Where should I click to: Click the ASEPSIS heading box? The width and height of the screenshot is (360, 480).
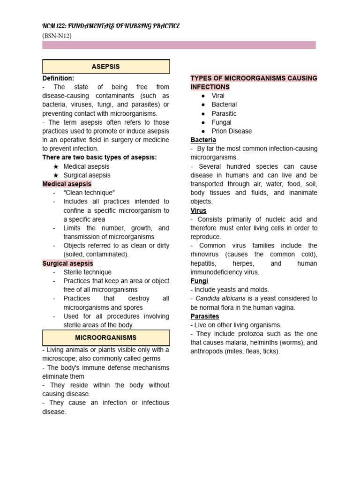[x=106, y=67]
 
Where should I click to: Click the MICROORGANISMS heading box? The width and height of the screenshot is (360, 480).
[x=106, y=337]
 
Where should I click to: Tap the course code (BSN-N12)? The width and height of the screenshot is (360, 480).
[x=57, y=35]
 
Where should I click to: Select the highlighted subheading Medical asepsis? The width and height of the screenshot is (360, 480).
[x=67, y=184]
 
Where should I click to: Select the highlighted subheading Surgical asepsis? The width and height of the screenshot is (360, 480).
[x=68, y=263]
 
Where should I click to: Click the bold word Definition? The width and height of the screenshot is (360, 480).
[x=58, y=78]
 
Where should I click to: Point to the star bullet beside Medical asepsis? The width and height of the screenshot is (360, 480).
[x=56, y=166]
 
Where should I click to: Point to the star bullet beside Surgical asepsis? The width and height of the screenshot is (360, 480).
[x=56, y=175]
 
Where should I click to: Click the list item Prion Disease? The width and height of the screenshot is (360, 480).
[x=232, y=131]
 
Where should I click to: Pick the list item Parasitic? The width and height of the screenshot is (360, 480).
[x=224, y=113]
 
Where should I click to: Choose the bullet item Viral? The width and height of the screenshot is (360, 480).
[x=218, y=96]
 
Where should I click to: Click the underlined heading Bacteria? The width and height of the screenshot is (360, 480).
[x=203, y=140]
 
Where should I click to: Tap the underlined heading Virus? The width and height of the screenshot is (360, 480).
[x=199, y=210]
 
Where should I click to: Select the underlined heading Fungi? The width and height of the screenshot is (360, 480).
[x=199, y=281]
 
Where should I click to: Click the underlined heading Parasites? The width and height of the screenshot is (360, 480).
[x=205, y=316]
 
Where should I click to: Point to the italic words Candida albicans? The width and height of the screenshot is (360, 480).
[x=220, y=299]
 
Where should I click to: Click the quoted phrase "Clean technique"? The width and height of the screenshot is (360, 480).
[x=89, y=193]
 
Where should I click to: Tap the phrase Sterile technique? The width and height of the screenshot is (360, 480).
[x=87, y=272]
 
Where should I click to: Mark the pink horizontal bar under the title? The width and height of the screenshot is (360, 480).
[x=179, y=45]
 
